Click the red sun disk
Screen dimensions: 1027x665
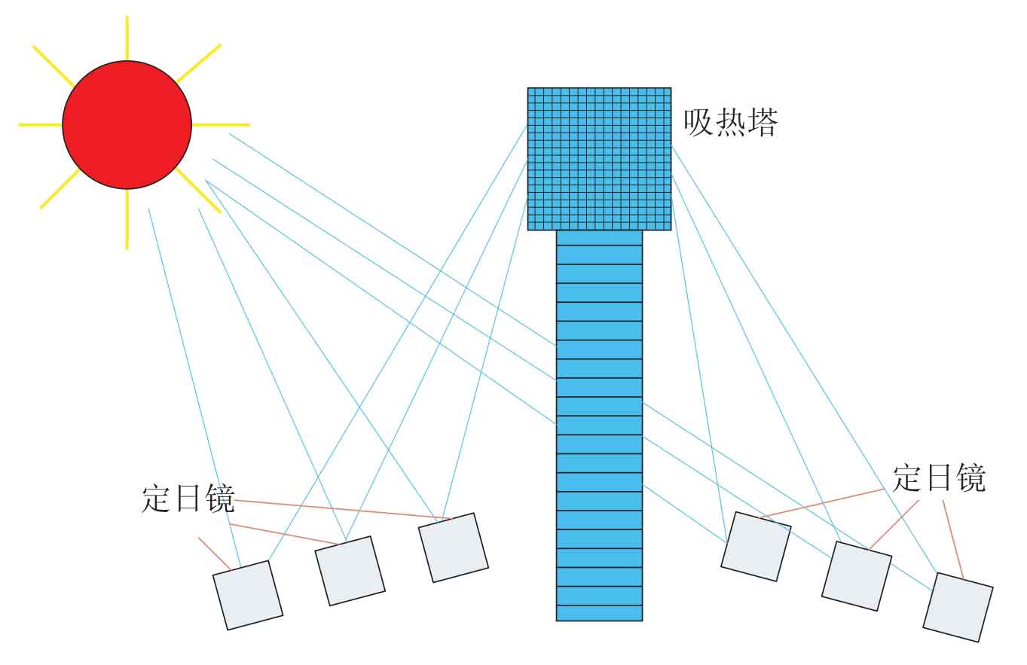point(127,125)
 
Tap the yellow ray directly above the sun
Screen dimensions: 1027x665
point(127,38)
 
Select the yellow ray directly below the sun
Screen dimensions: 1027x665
point(127,219)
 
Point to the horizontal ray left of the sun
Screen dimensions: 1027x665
point(41,125)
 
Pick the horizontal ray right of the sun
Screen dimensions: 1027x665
point(221,125)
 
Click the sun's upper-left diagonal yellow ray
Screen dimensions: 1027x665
point(53,66)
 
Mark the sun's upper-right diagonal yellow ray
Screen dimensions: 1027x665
point(199,63)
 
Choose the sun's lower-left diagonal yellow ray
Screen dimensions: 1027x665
point(60,189)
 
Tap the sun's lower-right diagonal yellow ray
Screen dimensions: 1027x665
point(198,191)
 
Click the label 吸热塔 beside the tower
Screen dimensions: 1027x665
point(731,122)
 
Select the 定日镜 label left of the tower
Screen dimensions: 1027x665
point(188,498)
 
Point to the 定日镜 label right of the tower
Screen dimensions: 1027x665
point(939,478)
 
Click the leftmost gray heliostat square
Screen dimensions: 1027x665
point(248,596)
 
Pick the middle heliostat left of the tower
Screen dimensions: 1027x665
point(350,571)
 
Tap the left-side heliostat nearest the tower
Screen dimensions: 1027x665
point(454,548)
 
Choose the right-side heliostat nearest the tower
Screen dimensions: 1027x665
point(756,547)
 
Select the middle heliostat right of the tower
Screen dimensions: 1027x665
point(857,577)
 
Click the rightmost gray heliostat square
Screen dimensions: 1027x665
point(958,607)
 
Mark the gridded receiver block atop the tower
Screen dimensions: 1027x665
point(599,159)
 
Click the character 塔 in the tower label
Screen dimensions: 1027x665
point(763,122)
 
